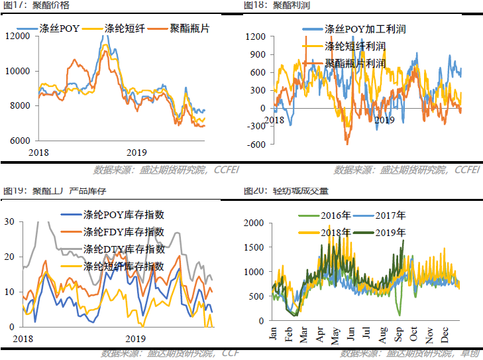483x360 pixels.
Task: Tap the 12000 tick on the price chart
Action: coord(18,35)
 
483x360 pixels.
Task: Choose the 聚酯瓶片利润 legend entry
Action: coord(355,63)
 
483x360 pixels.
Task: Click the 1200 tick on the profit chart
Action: coord(256,36)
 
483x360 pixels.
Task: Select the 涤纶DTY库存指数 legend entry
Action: coord(123,249)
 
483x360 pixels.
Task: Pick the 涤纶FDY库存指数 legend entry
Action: coord(123,232)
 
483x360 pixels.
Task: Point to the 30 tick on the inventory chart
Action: coord(9,221)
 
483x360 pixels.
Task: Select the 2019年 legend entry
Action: coord(391,233)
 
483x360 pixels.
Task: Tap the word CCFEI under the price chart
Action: coord(227,169)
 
